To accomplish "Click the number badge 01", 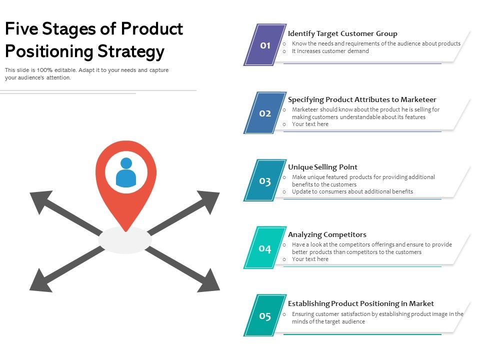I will (265, 45).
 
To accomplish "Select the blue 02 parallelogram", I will (265, 113).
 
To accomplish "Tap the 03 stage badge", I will (265, 180).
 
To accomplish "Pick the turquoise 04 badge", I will (265, 248).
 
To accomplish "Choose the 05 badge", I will (265, 315).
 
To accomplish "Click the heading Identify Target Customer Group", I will (342, 33).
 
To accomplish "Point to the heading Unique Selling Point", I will (322, 167).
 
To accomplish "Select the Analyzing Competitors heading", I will (327, 234).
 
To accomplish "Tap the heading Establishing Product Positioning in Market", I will (360, 303).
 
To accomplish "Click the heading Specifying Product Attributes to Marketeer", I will (362, 99).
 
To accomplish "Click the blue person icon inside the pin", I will (126, 172).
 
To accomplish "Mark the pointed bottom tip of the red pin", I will (126, 230).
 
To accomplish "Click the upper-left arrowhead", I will (40, 200).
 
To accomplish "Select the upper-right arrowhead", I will (209, 200).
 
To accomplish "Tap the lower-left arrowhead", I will (40, 281).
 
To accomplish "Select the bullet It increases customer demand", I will (330, 51).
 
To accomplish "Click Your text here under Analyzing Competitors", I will (310, 259).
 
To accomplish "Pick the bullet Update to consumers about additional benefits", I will (352, 191).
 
